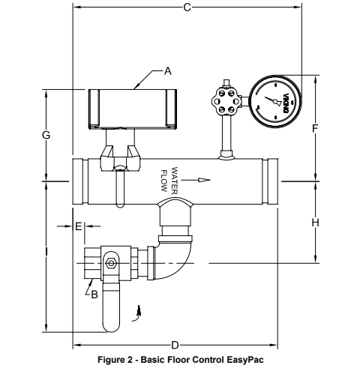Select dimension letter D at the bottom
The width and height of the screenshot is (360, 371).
[x=174, y=345]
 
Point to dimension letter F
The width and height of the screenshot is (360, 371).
[x=315, y=128]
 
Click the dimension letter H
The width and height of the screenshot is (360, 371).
[x=315, y=222]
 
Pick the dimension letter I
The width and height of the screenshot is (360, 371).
[x=46, y=253]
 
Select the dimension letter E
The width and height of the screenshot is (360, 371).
[x=78, y=226]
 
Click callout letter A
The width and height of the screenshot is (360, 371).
[x=168, y=71]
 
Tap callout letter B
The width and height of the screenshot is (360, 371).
[x=94, y=295]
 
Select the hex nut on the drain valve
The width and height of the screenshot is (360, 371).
[x=111, y=262]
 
